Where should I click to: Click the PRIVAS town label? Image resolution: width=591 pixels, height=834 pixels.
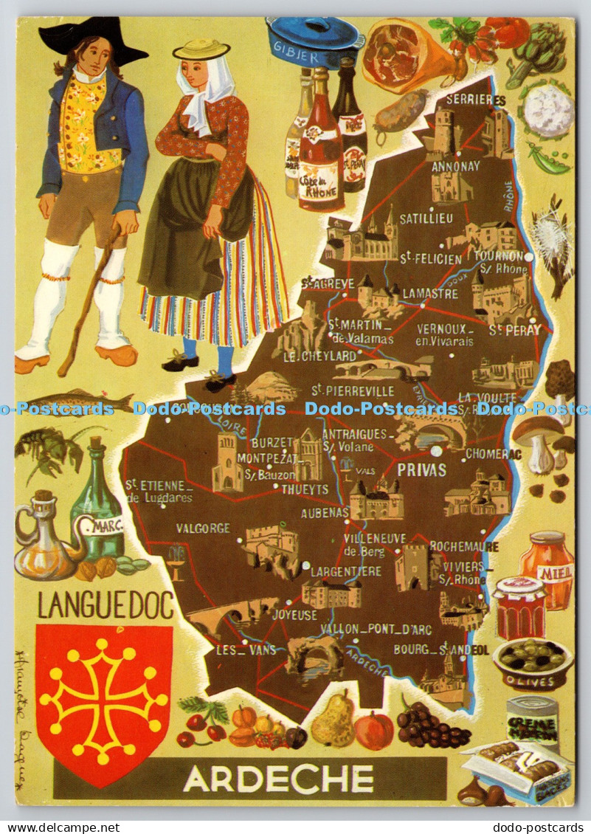[x=421, y=470]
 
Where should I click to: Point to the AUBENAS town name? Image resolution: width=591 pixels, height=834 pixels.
[x=325, y=511]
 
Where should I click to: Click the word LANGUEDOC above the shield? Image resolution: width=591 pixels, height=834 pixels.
[x=106, y=604]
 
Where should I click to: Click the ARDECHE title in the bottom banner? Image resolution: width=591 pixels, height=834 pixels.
[x=278, y=779]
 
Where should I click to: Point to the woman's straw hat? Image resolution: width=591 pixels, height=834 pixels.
[x=201, y=50]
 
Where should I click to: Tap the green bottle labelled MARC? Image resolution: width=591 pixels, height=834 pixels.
[x=98, y=506]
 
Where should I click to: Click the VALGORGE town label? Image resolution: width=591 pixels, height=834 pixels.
[x=203, y=528]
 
